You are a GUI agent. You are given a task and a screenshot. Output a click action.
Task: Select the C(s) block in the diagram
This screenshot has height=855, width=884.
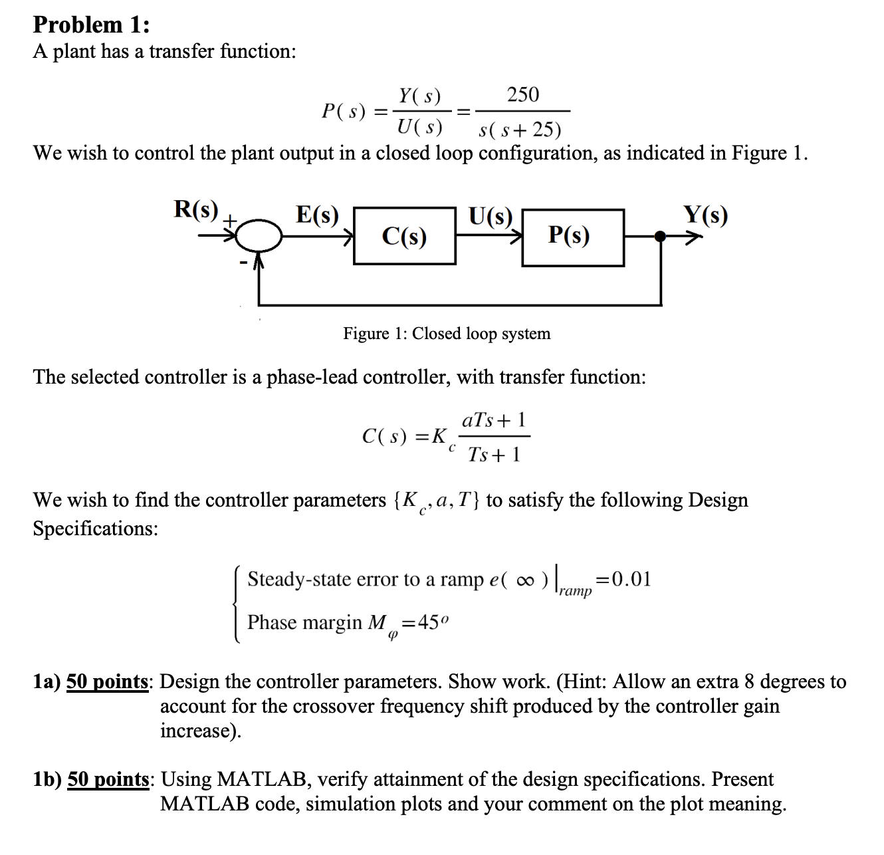tap(404, 236)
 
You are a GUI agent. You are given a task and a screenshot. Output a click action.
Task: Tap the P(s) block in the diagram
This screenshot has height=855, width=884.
tap(572, 236)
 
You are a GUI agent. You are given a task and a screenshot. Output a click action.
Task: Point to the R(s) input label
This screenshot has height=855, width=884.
tap(196, 209)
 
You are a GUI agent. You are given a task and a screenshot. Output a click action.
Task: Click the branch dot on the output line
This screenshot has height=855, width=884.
tap(660, 235)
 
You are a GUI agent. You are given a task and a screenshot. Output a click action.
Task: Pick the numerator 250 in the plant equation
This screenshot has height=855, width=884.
tap(523, 94)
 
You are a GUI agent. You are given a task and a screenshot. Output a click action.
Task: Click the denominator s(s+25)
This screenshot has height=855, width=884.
tap(520, 129)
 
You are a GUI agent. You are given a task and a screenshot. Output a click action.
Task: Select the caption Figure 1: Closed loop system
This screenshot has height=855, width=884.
tap(447, 333)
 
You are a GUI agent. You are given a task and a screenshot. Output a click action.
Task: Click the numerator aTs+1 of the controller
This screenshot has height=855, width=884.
tap(495, 420)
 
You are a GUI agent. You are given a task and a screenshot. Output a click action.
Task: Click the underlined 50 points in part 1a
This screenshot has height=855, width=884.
tap(108, 681)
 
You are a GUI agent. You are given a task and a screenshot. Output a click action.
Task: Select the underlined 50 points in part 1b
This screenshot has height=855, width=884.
tap(108, 779)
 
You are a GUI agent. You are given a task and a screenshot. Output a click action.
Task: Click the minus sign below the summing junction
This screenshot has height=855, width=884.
tap(243, 265)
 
